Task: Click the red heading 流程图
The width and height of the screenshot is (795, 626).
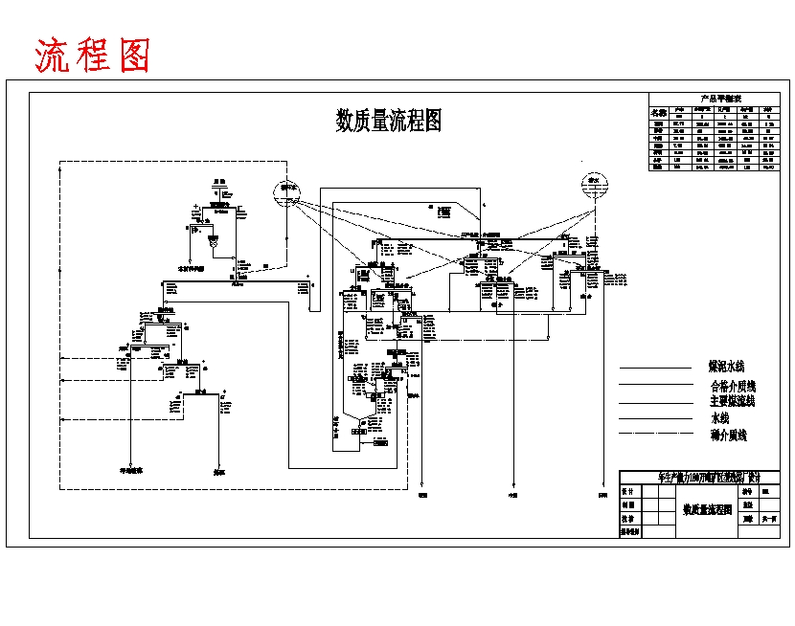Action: tap(93, 56)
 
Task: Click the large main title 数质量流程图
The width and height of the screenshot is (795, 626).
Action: tap(388, 121)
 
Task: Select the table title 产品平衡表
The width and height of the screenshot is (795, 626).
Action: tap(715, 98)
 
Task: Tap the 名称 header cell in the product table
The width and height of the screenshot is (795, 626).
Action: tap(658, 111)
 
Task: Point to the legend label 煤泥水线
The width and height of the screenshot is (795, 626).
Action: tap(726, 367)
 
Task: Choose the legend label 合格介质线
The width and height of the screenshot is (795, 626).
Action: tap(733, 385)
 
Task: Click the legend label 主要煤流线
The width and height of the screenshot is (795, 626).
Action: tap(733, 401)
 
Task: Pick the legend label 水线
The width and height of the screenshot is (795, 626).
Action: tap(719, 418)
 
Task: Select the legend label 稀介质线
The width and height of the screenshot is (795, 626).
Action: tap(728, 435)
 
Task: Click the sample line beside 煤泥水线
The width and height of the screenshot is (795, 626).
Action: tap(655, 368)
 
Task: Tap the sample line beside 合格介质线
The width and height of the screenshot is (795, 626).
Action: tap(655, 385)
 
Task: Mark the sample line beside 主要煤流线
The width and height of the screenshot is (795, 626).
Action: tap(655, 402)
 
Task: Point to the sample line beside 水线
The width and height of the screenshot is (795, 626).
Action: tap(655, 418)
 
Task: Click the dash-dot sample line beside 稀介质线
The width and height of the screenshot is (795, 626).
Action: tap(655, 435)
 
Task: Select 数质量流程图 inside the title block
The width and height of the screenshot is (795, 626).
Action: tap(707, 510)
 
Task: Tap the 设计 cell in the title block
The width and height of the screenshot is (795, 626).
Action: tap(628, 490)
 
